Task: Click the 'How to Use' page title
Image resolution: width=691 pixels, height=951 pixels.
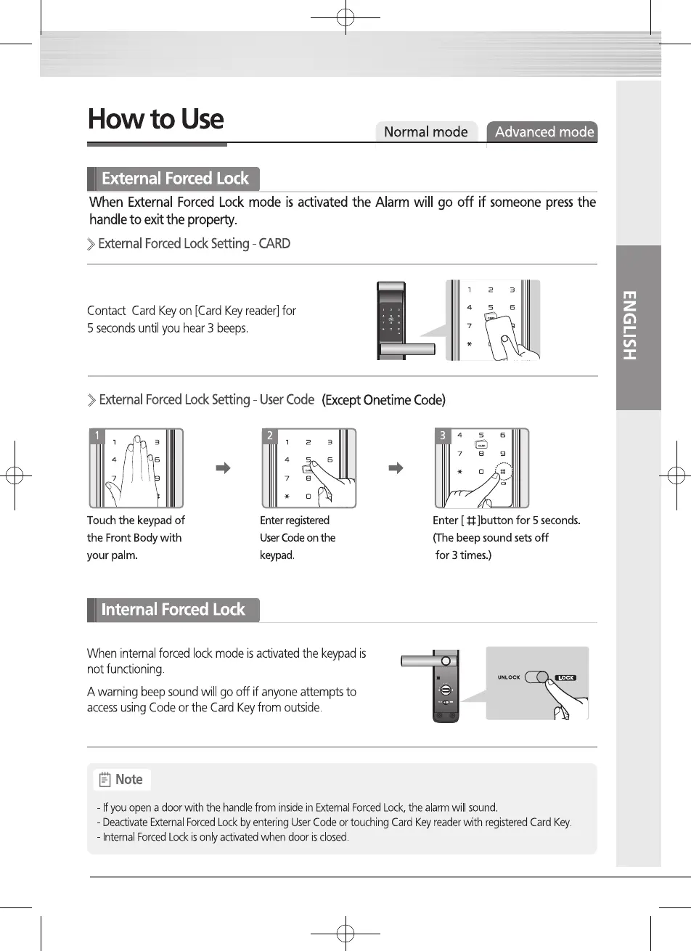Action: [155, 120]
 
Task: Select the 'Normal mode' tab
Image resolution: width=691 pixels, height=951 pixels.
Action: [425, 132]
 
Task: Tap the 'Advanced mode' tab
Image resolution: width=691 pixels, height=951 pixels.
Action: [544, 132]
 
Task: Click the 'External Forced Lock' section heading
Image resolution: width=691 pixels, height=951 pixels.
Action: [175, 179]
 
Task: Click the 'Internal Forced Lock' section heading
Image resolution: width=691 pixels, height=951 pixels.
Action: [173, 610]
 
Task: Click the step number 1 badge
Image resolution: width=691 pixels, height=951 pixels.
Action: [97, 436]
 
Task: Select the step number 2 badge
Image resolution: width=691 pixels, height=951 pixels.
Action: [270, 436]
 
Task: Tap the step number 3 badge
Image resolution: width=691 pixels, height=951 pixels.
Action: [442, 436]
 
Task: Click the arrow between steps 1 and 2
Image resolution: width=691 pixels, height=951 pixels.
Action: [224, 468]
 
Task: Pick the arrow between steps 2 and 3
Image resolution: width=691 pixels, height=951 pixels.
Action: [396, 468]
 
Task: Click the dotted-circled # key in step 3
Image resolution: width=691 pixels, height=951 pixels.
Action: [502, 471]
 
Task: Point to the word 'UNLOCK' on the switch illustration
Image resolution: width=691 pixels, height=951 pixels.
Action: [509, 677]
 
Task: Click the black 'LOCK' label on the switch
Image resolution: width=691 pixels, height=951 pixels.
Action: [566, 678]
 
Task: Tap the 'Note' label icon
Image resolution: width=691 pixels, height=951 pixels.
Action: [105, 780]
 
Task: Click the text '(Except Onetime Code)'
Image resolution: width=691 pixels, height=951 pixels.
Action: [383, 401]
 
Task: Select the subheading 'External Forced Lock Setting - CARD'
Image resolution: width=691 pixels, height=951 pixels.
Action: [194, 244]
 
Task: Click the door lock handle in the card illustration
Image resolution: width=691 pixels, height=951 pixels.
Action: [407, 350]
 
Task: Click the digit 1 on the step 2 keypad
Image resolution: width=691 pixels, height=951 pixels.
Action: [287, 441]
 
